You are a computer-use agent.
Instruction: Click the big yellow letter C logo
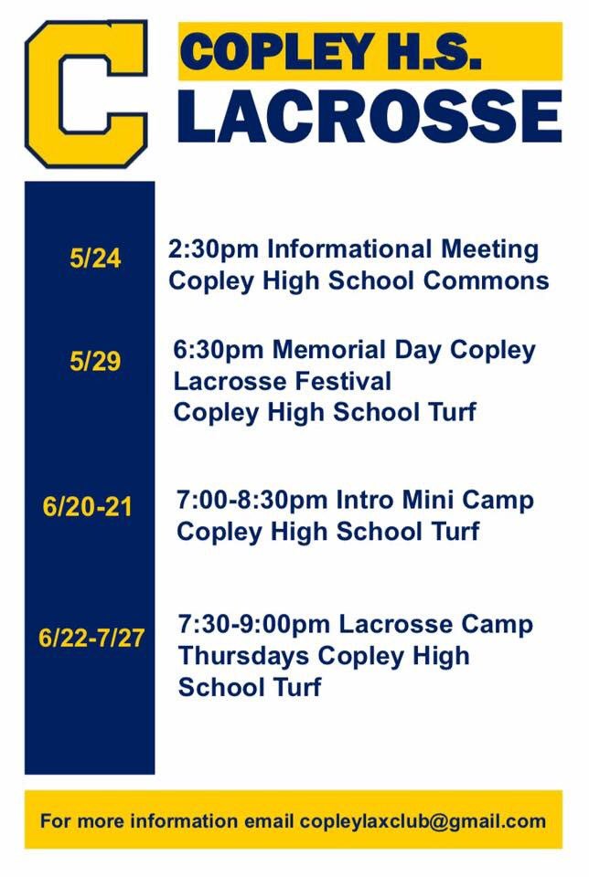(x=87, y=94)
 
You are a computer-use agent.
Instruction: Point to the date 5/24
(x=94, y=259)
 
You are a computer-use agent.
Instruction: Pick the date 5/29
(x=94, y=362)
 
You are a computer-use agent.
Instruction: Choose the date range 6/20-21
(x=87, y=505)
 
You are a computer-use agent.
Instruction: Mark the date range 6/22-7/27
(x=91, y=637)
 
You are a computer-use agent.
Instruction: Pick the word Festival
(x=339, y=380)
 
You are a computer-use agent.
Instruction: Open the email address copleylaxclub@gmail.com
(x=423, y=820)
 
